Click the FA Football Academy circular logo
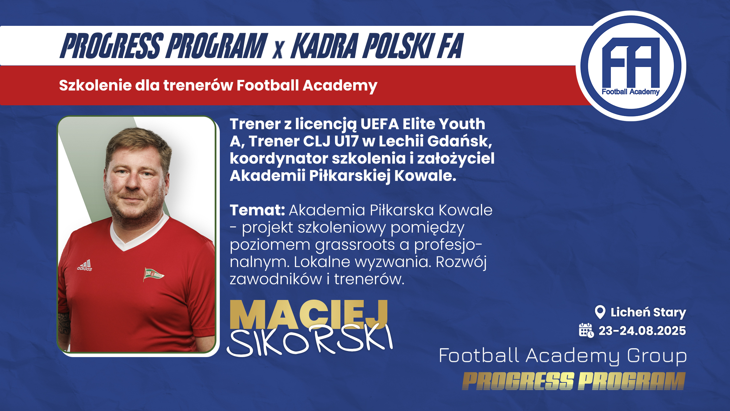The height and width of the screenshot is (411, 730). [x=631, y=66]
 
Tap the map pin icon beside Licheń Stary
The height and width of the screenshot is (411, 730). [x=600, y=312]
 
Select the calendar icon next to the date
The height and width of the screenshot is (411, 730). [x=586, y=330]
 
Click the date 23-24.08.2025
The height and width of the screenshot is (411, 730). [x=642, y=331]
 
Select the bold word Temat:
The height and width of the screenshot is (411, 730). [x=257, y=210]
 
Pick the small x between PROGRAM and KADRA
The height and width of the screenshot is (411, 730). [x=278, y=50]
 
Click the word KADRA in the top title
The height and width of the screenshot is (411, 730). [x=324, y=46]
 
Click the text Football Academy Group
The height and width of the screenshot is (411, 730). [x=563, y=356]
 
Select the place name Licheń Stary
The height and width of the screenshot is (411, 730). [x=648, y=312]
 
